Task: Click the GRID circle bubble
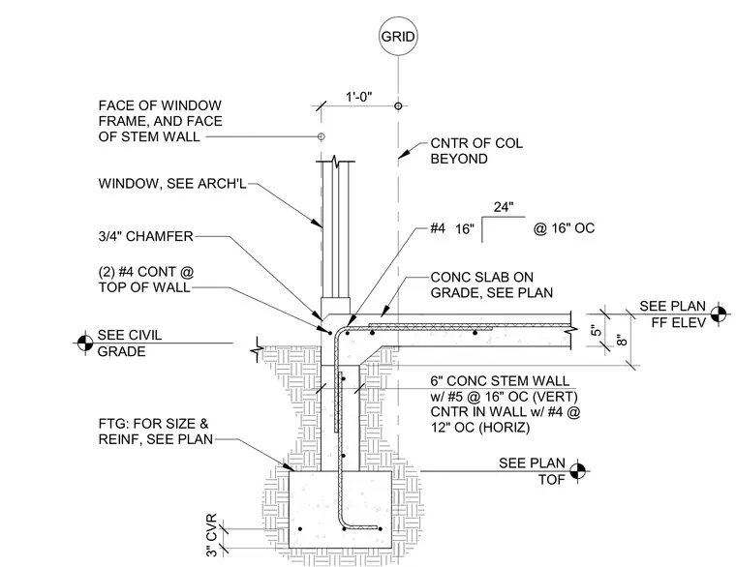[x=398, y=36]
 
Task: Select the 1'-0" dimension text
[x=359, y=97]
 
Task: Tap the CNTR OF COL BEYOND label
[x=476, y=151]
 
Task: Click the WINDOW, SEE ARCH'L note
[x=172, y=184]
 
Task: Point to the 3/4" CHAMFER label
[x=145, y=236]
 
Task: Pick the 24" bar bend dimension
[x=504, y=207]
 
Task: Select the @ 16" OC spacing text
[x=564, y=228]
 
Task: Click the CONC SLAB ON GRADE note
[x=491, y=284]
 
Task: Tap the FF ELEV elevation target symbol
[x=719, y=313]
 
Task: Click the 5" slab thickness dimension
[x=596, y=330]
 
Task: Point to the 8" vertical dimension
[x=622, y=340]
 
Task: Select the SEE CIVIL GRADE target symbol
[x=85, y=343]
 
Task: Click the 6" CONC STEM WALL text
[x=500, y=380]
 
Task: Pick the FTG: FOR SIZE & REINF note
[x=155, y=432]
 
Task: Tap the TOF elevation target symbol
[x=578, y=471]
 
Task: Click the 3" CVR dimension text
[x=212, y=535]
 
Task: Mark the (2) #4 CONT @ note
[x=146, y=272]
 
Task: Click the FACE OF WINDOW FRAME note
[x=160, y=121]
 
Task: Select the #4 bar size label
[x=438, y=228]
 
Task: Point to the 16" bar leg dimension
[x=465, y=229]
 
